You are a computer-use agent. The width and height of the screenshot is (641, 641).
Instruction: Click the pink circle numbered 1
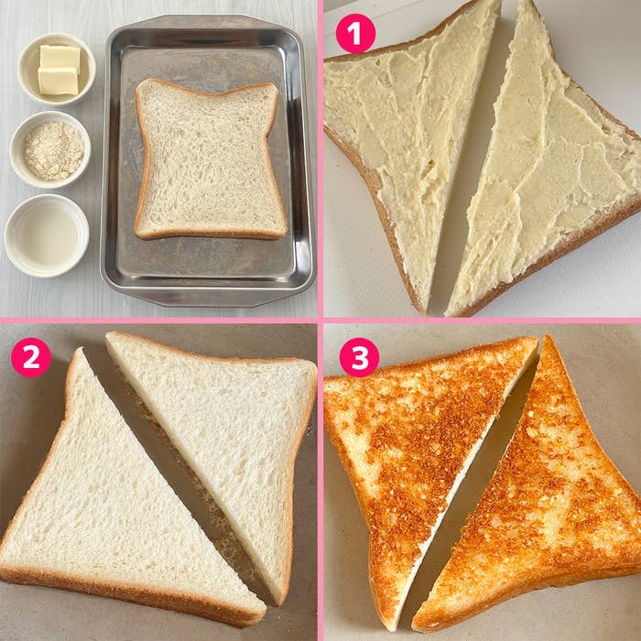point(355,34)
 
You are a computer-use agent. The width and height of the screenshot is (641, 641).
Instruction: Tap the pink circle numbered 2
point(31,357)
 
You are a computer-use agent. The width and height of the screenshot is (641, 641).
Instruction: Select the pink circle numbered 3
point(359,357)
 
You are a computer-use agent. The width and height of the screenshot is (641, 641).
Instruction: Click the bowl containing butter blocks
point(57,69)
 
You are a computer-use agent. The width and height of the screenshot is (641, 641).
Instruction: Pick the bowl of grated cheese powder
point(49,149)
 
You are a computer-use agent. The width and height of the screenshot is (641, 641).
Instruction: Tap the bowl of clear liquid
point(47,235)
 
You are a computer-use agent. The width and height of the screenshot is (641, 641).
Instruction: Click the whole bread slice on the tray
point(210,159)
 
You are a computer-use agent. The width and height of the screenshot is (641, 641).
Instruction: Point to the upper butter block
point(60,57)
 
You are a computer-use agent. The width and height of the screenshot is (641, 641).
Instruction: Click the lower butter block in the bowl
point(58,81)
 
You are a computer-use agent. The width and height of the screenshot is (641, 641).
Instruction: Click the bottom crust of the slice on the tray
point(211,234)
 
